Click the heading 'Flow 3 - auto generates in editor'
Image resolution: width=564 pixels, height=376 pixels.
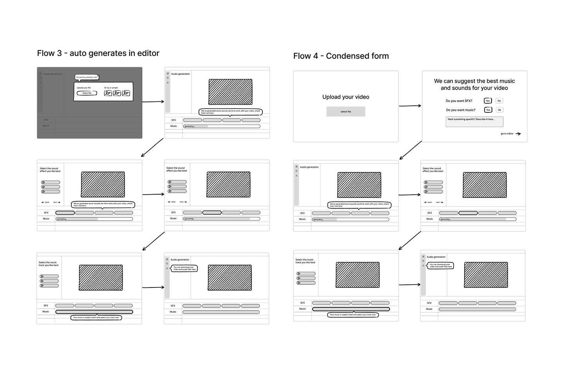click(98, 53)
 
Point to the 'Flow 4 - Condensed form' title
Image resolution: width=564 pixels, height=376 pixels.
click(341, 56)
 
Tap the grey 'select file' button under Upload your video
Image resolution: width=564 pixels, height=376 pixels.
click(346, 112)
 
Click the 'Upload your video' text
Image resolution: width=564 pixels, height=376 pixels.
click(345, 97)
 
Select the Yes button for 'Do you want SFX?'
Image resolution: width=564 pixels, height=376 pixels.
click(488, 101)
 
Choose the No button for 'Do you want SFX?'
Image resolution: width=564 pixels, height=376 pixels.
click(499, 101)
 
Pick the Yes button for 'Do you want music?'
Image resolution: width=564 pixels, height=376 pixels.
click(488, 110)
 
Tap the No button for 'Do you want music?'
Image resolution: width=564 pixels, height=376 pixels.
click(499, 110)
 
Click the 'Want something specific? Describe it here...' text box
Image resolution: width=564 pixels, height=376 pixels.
click(474, 121)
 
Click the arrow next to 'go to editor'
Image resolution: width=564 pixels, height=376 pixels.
click(518, 134)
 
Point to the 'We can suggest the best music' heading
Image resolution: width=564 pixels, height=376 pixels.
click(474, 81)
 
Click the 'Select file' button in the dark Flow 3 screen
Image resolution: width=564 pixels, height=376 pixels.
click(87, 93)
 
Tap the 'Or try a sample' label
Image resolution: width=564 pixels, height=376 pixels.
click(111, 88)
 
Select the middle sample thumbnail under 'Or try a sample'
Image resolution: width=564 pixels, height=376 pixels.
click(117, 93)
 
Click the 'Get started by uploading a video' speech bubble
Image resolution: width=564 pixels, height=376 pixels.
click(87, 77)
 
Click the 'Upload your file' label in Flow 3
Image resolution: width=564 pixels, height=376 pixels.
click(83, 88)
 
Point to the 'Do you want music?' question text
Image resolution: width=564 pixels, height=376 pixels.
click(461, 110)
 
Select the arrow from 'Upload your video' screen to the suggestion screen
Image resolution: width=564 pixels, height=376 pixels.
click(410, 106)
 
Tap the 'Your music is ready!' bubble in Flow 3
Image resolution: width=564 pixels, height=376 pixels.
click(96, 318)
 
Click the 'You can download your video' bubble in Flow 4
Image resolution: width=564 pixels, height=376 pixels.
click(441, 266)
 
